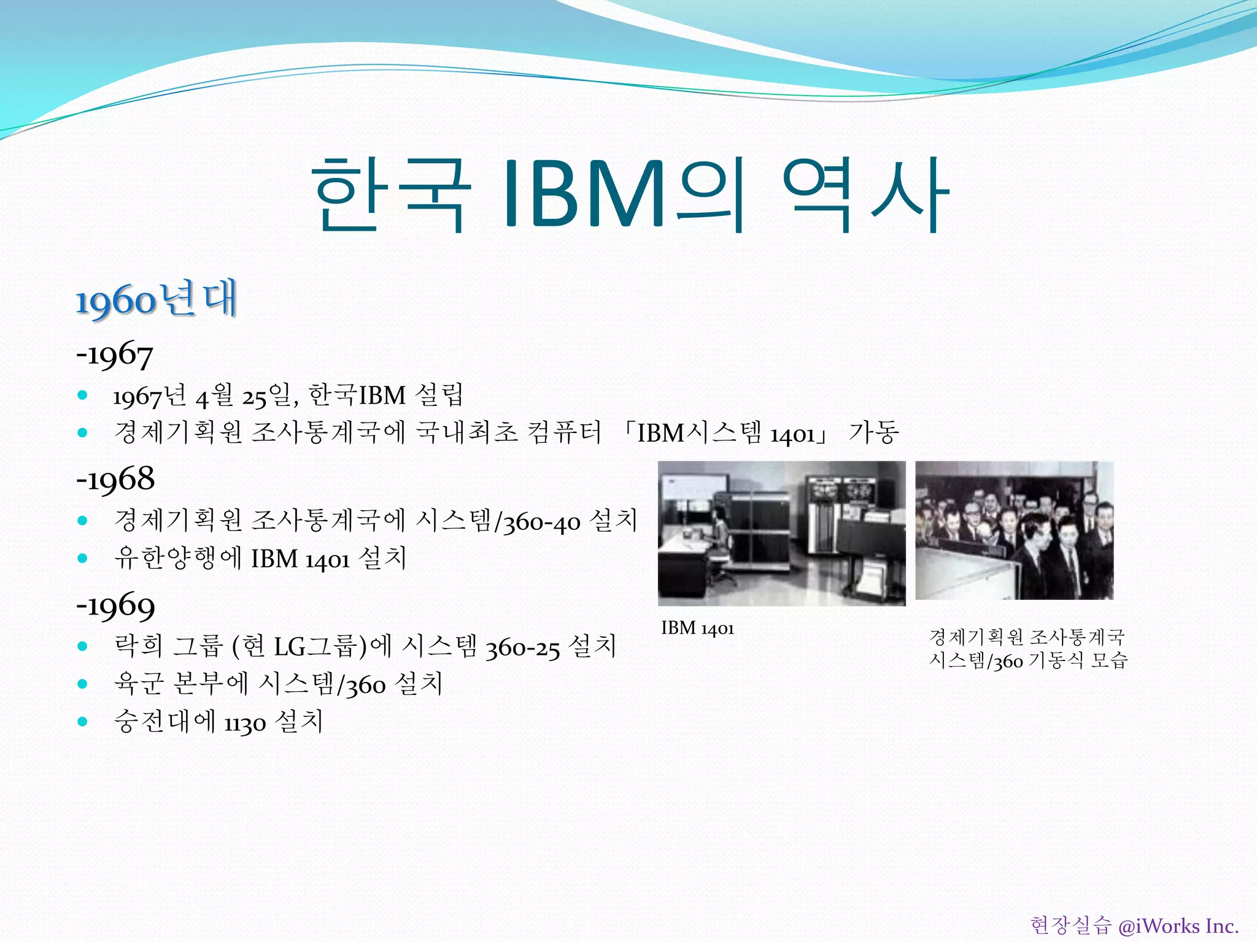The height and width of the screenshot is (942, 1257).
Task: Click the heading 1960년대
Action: click(157, 300)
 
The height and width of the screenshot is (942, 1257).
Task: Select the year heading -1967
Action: click(115, 355)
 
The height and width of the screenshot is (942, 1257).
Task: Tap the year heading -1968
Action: click(115, 478)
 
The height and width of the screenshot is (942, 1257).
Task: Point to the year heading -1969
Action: click(115, 605)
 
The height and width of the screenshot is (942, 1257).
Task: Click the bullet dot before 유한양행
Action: click(83, 558)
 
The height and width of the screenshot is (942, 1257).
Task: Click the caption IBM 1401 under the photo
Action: click(697, 629)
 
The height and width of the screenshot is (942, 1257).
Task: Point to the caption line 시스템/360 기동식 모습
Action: click(1028, 661)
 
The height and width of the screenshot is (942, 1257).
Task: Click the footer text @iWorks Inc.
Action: click(1178, 925)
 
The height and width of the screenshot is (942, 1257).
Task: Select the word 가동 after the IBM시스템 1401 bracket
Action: click(874, 432)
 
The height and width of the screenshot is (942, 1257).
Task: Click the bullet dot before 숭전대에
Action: click(83, 721)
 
